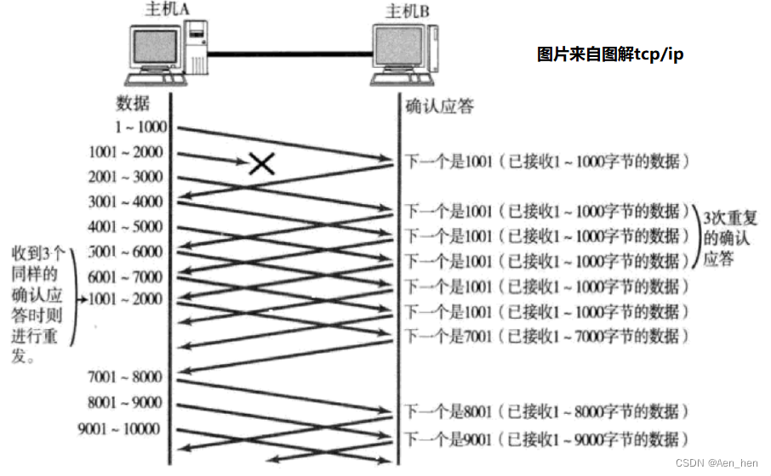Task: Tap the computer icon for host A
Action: pos(166,53)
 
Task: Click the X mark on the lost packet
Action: pos(261,163)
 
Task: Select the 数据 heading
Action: pos(133,104)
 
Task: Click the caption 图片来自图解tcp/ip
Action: pos(610,54)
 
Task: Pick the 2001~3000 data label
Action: pos(125,177)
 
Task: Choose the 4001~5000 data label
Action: pos(125,227)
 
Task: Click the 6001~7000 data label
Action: pos(125,277)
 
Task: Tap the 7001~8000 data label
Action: pos(125,376)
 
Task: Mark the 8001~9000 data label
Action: pos(125,403)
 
